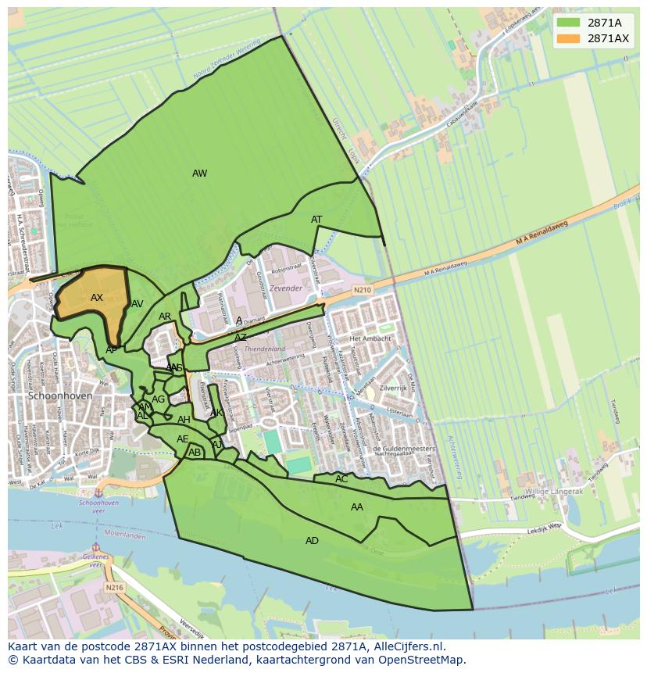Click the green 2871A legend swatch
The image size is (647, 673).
(568, 23)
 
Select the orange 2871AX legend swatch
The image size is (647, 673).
(568, 38)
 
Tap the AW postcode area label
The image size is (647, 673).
(199, 174)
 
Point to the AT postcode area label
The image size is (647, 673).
(316, 220)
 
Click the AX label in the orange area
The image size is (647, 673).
(97, 298)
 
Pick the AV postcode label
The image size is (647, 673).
(138, 304)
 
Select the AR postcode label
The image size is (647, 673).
(165, 317)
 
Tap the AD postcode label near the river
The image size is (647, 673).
(312, 541)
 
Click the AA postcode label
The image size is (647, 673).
(357, 507)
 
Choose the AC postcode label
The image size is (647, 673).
(341, 479)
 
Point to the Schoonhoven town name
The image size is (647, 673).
(60, 396)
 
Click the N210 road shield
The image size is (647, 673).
(362, 290)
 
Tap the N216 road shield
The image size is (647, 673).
(114, 588)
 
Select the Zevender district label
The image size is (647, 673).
(285, 288)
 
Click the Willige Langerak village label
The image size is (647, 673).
(554, 492)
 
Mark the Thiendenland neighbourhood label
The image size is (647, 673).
(265, 349)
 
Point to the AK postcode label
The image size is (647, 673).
(216, 413)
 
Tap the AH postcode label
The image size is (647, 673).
(184, 420)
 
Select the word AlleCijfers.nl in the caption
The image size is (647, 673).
(406, 646)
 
